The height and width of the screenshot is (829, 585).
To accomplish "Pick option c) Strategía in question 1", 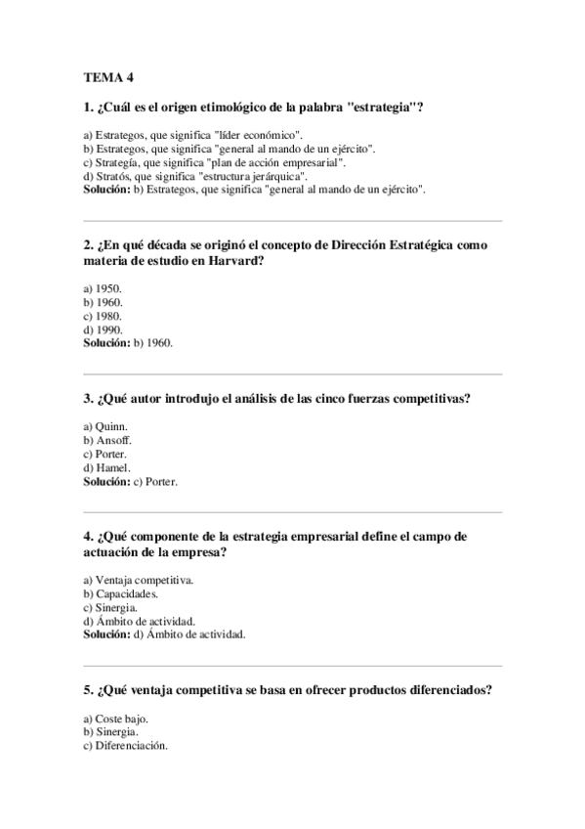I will coord(215,161).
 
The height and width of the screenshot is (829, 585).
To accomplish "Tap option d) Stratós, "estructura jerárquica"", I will coord(195,175).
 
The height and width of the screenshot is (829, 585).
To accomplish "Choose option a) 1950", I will coord(103,288).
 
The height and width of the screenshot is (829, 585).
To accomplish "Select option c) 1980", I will coord(103,316).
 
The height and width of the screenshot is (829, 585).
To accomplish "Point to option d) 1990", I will coord(103,329).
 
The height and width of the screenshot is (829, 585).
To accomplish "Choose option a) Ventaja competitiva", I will coord(139,580).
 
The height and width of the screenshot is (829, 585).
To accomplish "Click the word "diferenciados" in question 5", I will coord(442,689).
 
